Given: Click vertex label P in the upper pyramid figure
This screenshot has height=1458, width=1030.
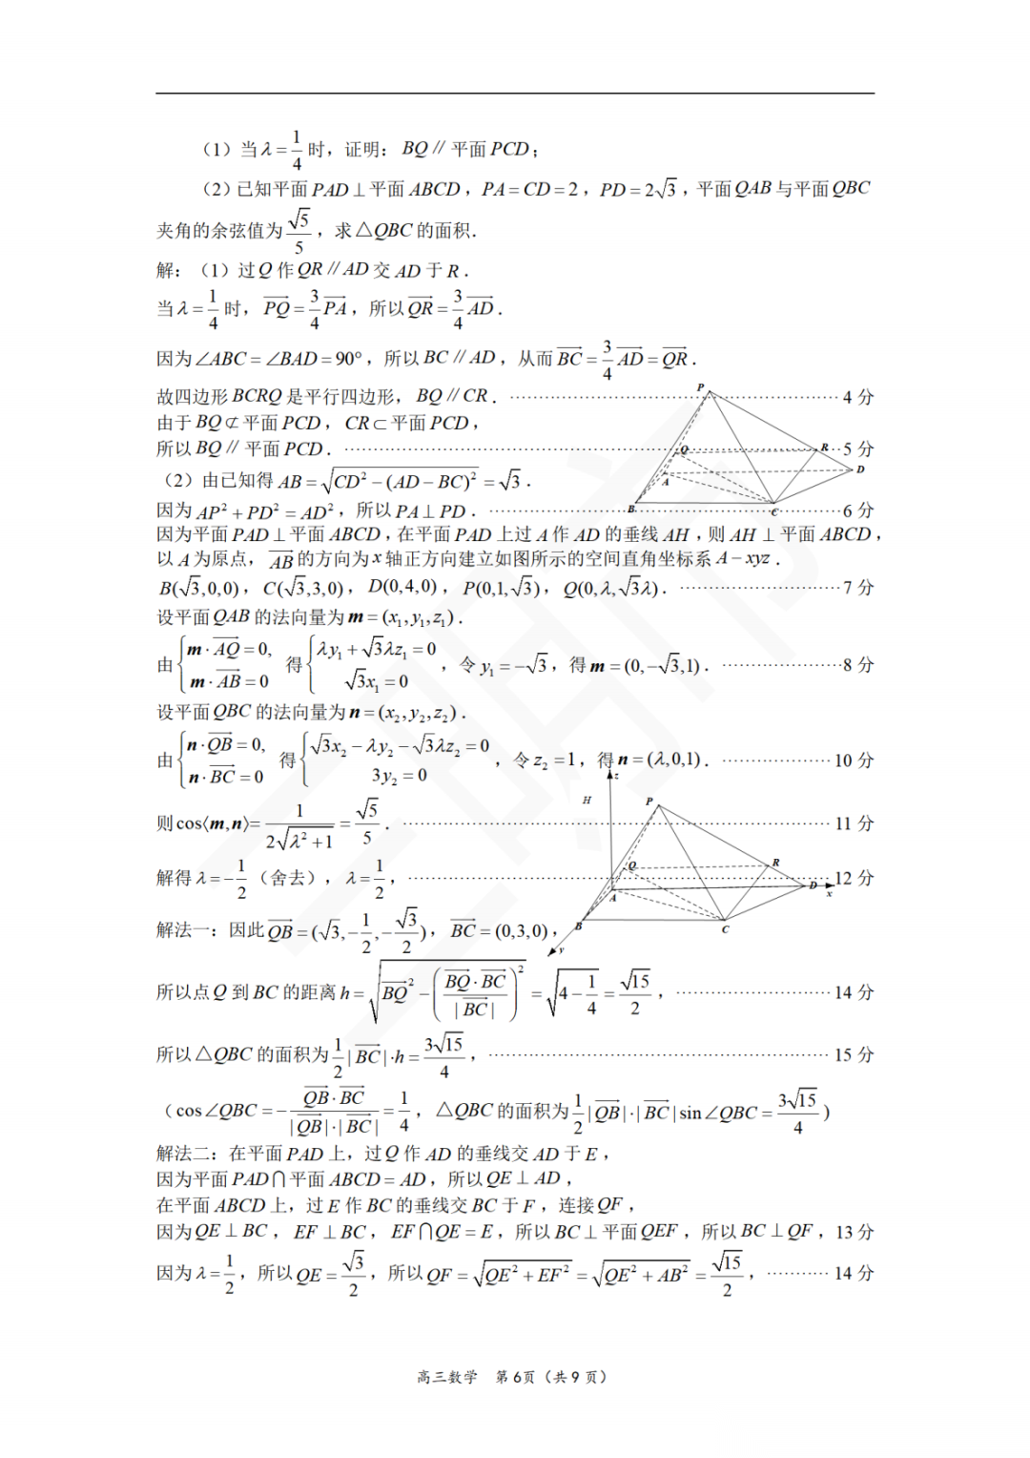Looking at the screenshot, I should tap(701, 386).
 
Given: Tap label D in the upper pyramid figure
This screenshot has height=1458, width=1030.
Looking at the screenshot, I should tap(860, 469).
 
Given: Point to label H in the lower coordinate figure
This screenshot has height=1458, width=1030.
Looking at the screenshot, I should tap(587, 800).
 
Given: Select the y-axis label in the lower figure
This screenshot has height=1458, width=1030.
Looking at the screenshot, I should tap(562, 950).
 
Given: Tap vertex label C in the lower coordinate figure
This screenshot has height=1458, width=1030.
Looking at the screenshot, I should tap(725, 928).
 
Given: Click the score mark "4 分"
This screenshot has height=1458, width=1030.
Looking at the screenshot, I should tap(857, 397).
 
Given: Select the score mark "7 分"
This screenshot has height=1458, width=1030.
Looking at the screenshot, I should tap(857, 587).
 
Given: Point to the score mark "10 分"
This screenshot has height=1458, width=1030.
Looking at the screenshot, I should tap(854, 760).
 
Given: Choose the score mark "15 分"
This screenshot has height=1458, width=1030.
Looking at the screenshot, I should tap(854, 1054).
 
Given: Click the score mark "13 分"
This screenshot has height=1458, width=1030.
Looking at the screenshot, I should tap(854, 1232).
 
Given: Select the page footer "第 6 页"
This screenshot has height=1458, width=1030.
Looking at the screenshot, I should tap(515, 1377).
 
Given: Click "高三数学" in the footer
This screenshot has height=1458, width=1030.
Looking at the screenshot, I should tap(446, 1377).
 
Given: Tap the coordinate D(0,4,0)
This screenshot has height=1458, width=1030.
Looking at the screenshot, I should tap(402, 587).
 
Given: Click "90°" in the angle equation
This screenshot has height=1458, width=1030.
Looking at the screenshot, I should tap(348, 359).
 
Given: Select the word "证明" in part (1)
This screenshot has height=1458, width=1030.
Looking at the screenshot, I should tap(362, 150).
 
